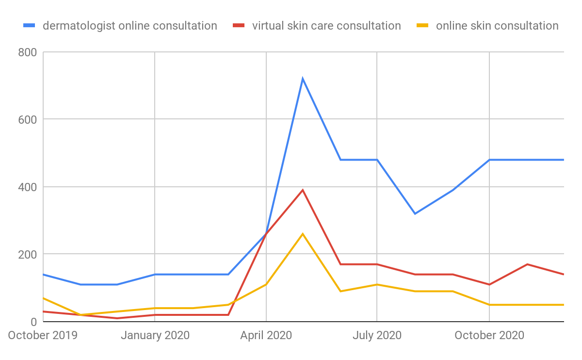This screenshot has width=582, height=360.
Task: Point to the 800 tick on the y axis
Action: click(28, 52)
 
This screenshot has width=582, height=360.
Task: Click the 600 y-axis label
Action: click(28, 119)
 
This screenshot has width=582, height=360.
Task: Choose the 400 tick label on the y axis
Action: click(28, 187)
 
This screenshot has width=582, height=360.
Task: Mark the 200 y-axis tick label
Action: click(28, 254)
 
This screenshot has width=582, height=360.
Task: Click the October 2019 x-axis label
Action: click(43, 335)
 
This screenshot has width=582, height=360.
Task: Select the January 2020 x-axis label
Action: click(155, 335)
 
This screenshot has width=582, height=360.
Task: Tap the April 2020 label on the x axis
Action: click(266, 335)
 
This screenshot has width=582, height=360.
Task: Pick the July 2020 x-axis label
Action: click(377, 335)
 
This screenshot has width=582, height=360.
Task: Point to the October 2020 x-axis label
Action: click(489, 335)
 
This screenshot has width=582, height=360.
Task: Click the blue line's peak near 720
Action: click(303, 79)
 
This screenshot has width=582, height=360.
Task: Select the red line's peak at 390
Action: click(303, 190)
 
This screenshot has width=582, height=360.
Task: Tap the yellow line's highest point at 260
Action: click(303, 234)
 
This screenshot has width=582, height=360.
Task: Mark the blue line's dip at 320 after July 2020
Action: click(415, 213)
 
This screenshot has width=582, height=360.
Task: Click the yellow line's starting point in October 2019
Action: click(44, 298)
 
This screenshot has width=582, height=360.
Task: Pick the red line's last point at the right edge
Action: click(563, 274)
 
